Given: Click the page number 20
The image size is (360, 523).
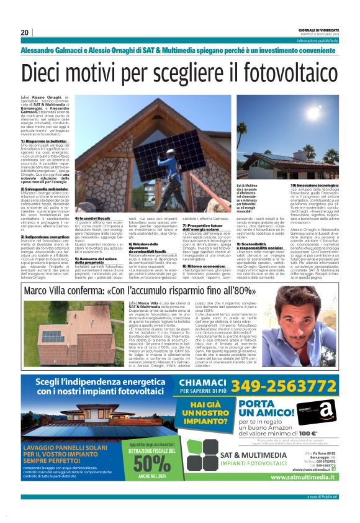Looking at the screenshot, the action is (x=24, y=32).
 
